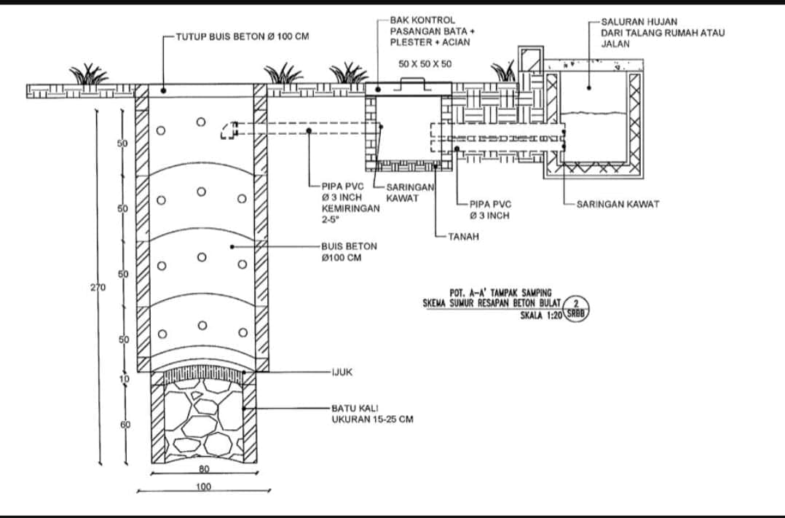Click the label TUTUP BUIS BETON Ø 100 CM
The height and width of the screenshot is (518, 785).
242,36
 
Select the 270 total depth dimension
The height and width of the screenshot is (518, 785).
98,288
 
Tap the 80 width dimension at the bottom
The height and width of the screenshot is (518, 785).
204,469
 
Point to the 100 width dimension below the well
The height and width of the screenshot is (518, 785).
204,487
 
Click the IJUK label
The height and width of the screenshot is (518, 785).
342,372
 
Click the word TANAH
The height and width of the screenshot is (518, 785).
464,237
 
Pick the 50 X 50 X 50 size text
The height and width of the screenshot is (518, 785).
425,64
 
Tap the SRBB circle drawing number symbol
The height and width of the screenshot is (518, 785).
576,308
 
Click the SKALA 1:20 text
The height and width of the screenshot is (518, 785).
541,315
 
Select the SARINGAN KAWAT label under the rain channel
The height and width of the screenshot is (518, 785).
618,205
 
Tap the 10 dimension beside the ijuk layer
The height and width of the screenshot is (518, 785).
124,379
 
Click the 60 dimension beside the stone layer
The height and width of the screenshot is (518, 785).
125,425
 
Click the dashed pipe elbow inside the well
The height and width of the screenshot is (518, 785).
229,130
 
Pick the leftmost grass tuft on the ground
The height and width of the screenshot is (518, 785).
89,75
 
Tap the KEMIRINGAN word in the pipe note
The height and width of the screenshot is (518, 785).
351,208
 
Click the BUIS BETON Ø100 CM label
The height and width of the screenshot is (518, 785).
350,252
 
